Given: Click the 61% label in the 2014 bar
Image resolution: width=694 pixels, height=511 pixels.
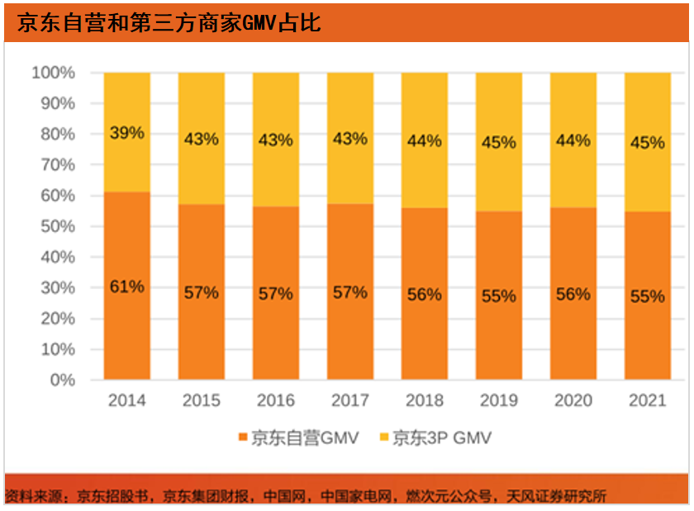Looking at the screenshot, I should [x=126, y=287].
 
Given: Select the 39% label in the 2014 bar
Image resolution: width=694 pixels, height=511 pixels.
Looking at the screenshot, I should [x=126, y=133].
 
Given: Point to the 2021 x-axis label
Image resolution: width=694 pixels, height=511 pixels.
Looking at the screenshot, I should [x=647, y=400].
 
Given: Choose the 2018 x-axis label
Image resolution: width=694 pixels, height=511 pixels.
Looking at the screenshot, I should [x=424, y=400].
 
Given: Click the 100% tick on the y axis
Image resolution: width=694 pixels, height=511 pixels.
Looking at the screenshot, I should [x=54, y=73].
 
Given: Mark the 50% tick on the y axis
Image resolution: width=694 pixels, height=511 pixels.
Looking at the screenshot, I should [x=57, y=226].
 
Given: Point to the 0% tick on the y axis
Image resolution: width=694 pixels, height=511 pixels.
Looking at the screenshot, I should [x=61, y=380].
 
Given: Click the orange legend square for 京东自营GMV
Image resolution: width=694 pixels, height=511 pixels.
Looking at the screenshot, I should [x=243, y=438].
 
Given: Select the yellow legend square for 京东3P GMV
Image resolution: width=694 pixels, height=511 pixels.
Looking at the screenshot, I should [x=382, y=438].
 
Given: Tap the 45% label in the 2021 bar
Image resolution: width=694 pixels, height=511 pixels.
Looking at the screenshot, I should [x=647, y=143].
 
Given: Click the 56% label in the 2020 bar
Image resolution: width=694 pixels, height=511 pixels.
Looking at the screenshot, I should [x=573, y=295].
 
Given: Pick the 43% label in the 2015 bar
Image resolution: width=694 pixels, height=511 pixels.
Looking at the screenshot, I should [x=201, y=139].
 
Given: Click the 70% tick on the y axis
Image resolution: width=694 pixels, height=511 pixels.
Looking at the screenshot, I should [x=57, y=164].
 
